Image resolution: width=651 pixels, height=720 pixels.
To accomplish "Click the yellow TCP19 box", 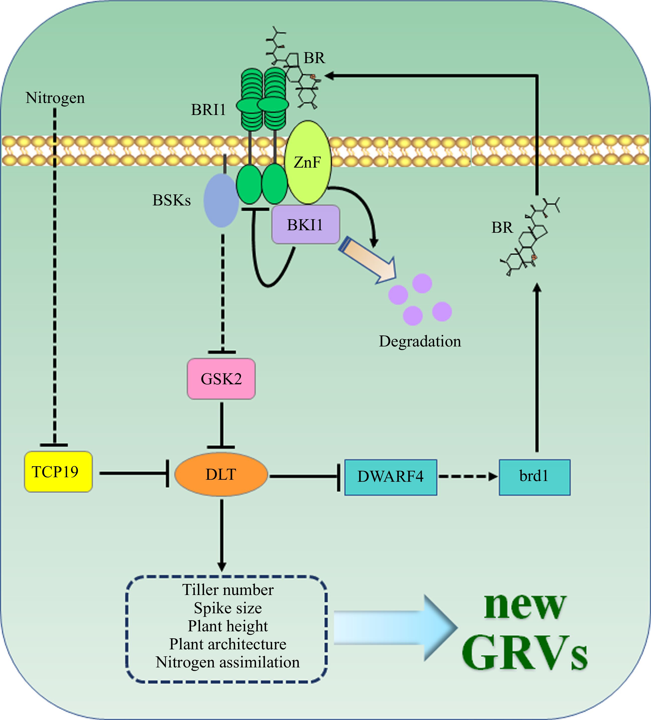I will (58, 472).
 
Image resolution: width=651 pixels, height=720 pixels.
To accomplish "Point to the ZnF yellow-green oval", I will (308, 163).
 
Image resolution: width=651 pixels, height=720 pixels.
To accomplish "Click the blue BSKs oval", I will (221, 201).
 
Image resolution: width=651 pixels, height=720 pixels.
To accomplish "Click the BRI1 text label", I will (208, 110).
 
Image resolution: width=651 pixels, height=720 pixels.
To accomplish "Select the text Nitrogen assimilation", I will (228, 662).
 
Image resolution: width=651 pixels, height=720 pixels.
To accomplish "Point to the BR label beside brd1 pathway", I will (502, 227).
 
